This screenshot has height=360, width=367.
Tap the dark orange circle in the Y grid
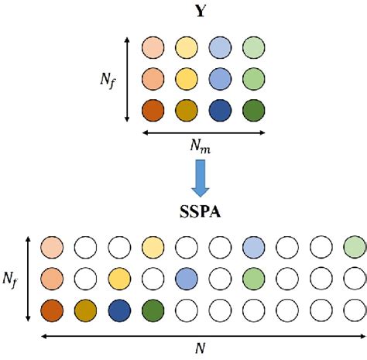click(x=153, y=109)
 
